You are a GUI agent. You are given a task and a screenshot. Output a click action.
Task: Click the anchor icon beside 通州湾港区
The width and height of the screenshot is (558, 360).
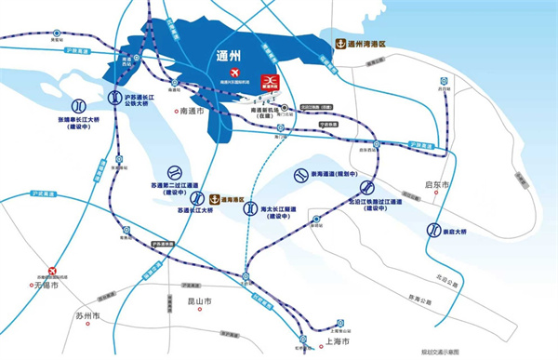[340, 43]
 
